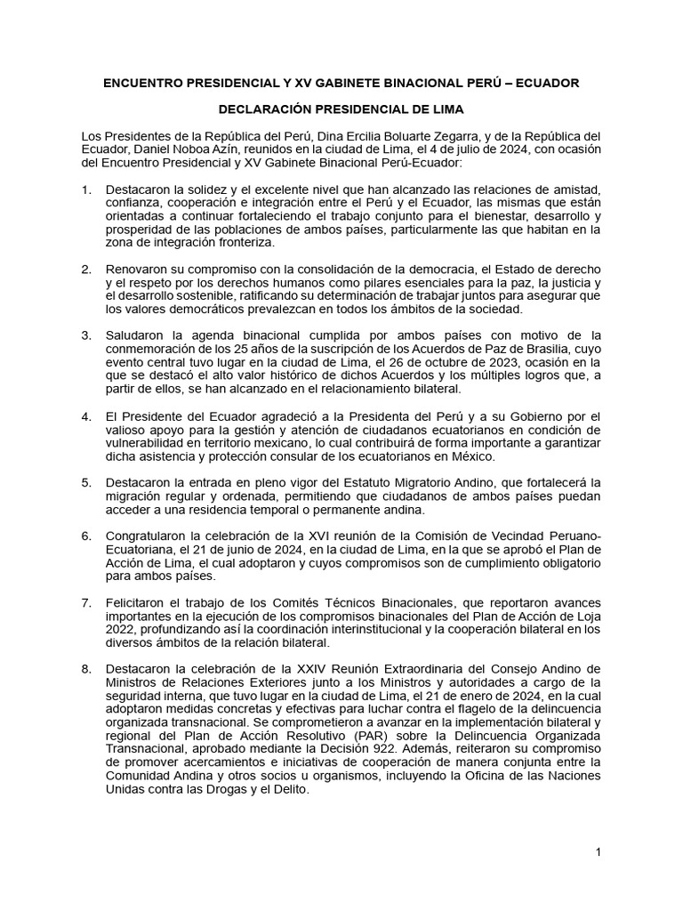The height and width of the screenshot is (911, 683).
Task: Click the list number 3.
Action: coord(85,335)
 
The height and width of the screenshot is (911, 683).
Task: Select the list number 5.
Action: coord(85,482)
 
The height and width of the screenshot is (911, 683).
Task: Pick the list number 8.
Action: coord(85,668)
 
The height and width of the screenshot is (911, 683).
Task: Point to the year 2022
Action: coord(120,629)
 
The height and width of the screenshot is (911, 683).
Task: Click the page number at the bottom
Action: coord(599,853)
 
